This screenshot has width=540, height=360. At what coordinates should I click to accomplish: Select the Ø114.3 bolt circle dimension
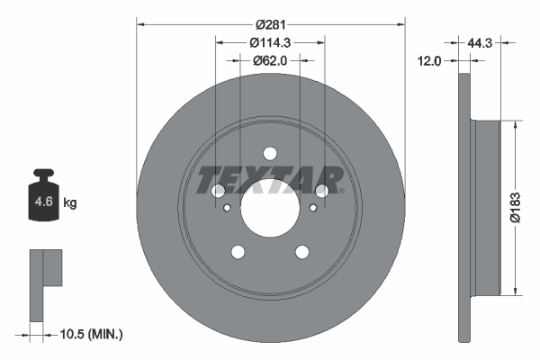coord(270,41)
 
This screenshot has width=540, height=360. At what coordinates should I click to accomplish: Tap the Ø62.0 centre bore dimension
coord(270,60)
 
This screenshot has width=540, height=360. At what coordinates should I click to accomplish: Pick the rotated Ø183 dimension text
coord(513,204)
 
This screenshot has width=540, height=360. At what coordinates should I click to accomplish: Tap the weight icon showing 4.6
coord(43,200)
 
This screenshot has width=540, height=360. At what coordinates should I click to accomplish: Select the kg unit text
coord(70,203)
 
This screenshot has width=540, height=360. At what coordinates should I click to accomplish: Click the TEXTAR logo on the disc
coord(270,180)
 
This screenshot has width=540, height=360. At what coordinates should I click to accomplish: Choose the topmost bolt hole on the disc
coord(270,154)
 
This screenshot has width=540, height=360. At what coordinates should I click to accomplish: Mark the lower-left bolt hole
coord(238,252)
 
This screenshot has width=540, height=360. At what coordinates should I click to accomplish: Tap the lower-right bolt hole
coord(302,252)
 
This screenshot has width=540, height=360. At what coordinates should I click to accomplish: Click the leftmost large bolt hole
coord(218,191)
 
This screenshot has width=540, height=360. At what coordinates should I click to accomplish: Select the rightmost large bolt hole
coord(322,191)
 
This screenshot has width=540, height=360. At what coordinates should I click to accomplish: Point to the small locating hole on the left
coord(228,208)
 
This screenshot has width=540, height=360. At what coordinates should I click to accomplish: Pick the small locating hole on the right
coord(312,208)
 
